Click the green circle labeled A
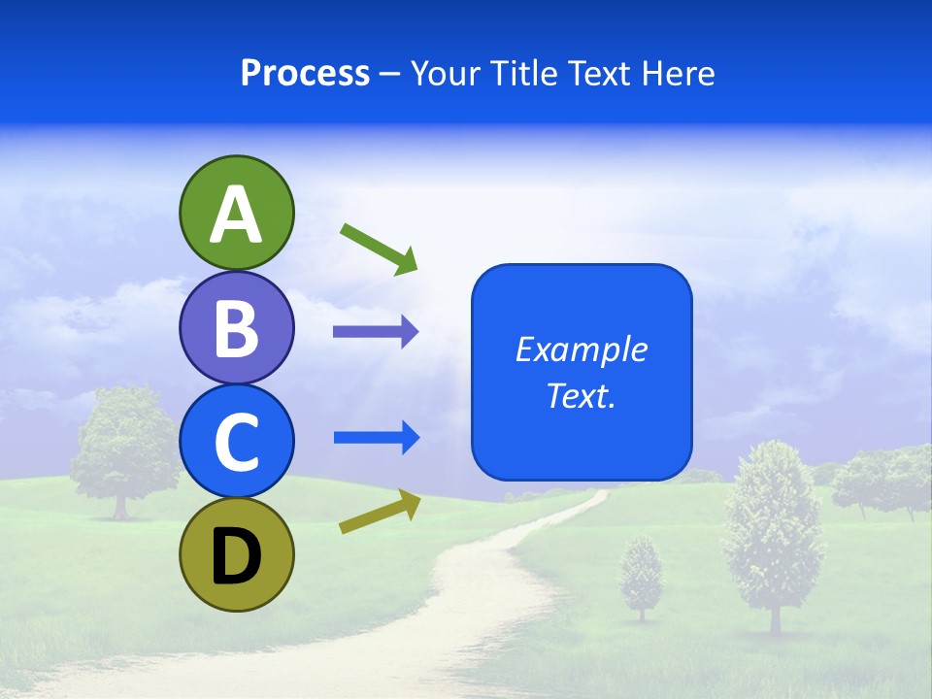[x=236, y=213]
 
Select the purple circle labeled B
[x=236, y=327]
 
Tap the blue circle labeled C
[x=236, y=441]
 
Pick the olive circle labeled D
[x=236, y=554]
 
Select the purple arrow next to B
[x=376, y=332]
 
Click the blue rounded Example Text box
[x=582, y=372]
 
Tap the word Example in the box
[x=582, y=349]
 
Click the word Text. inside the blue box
[x=581, y=395]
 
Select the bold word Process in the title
[x=305, y=73]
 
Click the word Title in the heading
[x=524, y=73]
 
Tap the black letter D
[x=236, y=557]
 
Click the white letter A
[x=236, y=215]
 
